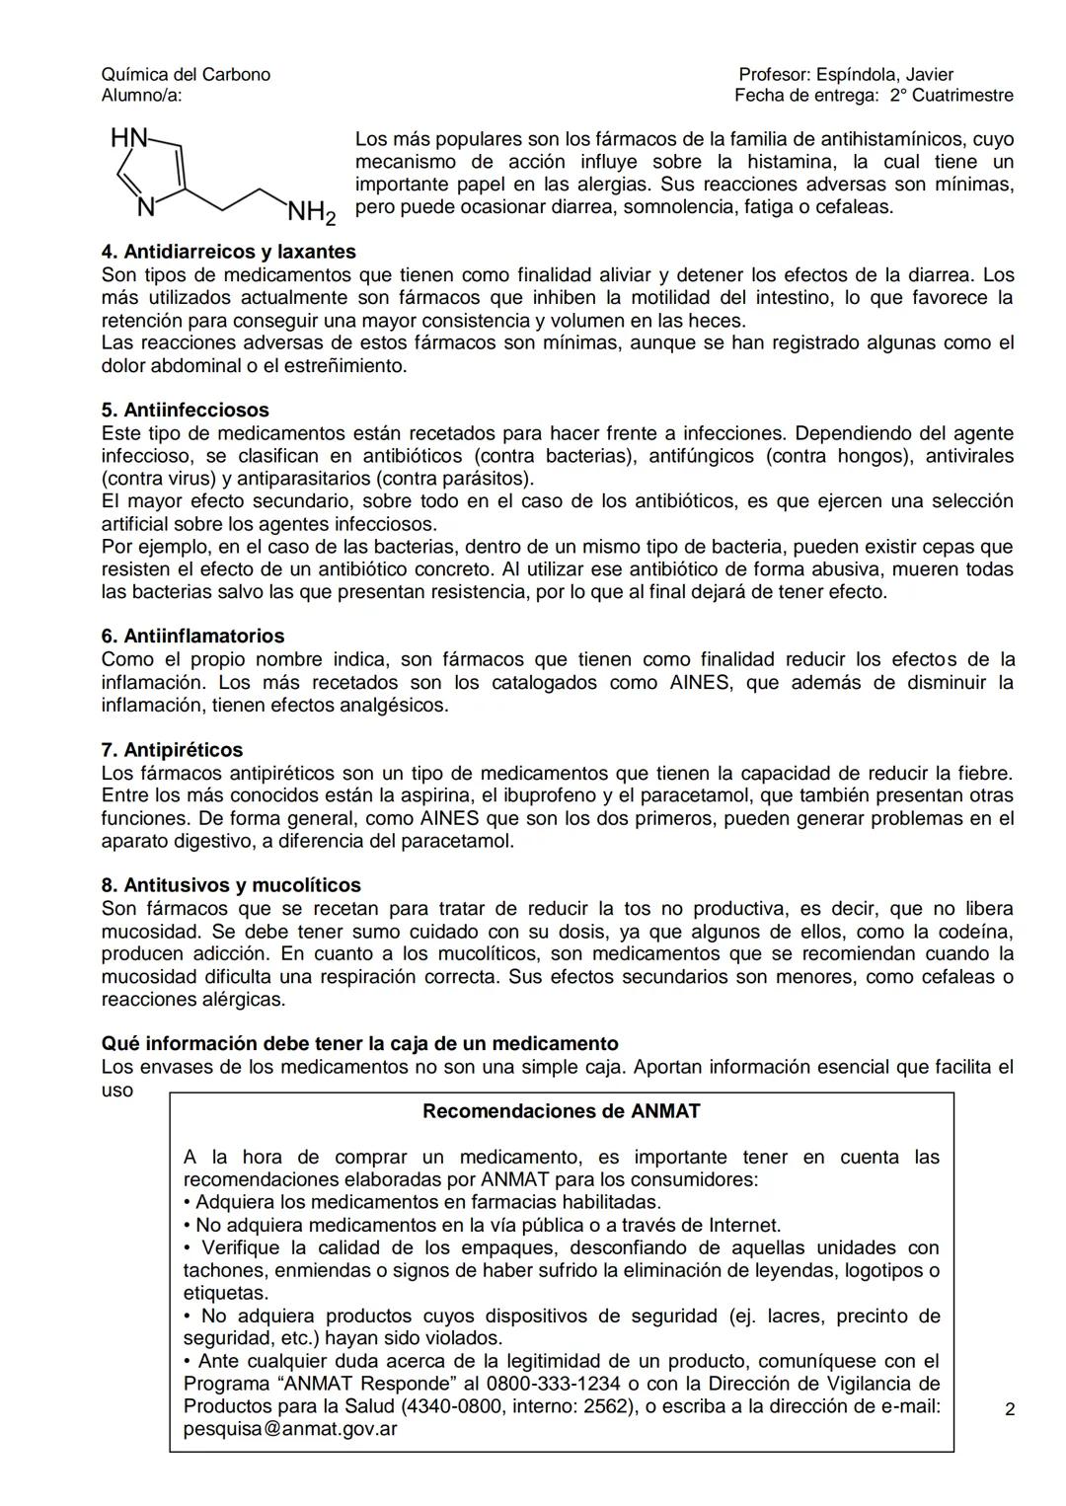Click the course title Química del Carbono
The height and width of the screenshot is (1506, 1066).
pyautogui.click(x=186, y=75)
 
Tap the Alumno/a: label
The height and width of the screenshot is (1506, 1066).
pyautogui.click(x=141, y=96)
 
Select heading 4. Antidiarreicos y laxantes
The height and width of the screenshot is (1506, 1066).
pyautogui.click(x=228, y=252)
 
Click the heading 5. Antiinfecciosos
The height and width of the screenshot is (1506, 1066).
pyautogui.click(x=185, y=410)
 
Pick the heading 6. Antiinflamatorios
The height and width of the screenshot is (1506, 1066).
pyautogui.click(x=192, y=637)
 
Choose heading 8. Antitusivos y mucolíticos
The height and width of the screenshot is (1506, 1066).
pyautogui.click(x=231, y=885)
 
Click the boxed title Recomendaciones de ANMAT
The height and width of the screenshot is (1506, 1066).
pyautogui.click(x=561, y=1111)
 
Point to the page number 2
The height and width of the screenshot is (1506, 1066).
pyautogui.click(x=1010, y=1409)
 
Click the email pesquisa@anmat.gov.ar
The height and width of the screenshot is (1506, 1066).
pyautogui.click(x=290, y=1428)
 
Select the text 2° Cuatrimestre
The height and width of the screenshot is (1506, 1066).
pyautogui.click(x=952, y=96)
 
